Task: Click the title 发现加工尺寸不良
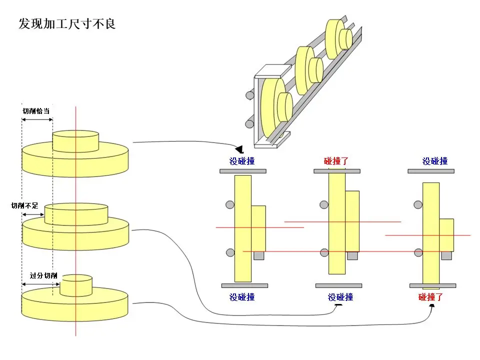[x=67, y=23]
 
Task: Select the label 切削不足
[x=25, y=205]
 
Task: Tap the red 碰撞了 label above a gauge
[x=336, y=161]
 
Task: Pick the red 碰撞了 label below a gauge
[x=431, y=297]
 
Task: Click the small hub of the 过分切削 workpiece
[x=76, y=284]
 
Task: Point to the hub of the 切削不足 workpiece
[x=76, y=213]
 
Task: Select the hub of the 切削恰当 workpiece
[x=75, y=140]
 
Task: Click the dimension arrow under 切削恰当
[x=37, y=119]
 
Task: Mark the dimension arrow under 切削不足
[x=33, y=214]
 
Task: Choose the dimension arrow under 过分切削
[x=40, y=284]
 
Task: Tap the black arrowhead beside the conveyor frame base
[x=239, y=149]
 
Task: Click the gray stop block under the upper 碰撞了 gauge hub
[x=352, y=255]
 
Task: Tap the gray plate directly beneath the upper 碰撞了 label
[x=336, y=171]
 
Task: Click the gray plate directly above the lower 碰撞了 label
[x=432, y=285]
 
